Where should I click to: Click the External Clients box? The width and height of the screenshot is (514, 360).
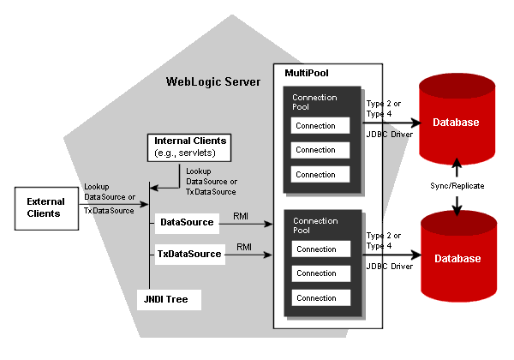coord(44,207)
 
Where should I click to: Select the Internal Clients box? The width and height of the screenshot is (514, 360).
coord(190,146)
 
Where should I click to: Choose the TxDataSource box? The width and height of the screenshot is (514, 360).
coord(189,254)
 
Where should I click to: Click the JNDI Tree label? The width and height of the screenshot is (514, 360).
coord(170,299)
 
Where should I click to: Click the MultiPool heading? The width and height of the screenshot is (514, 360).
coord(306,75)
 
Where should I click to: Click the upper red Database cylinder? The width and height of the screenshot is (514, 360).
coord(456,123)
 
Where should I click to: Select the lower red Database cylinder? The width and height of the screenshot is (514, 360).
coord(456,258)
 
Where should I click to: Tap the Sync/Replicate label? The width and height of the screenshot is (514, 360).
coord(456,184)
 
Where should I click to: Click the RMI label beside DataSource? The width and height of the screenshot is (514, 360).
coord(242,218)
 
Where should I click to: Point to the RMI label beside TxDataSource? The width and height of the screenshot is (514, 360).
coord(244,247)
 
